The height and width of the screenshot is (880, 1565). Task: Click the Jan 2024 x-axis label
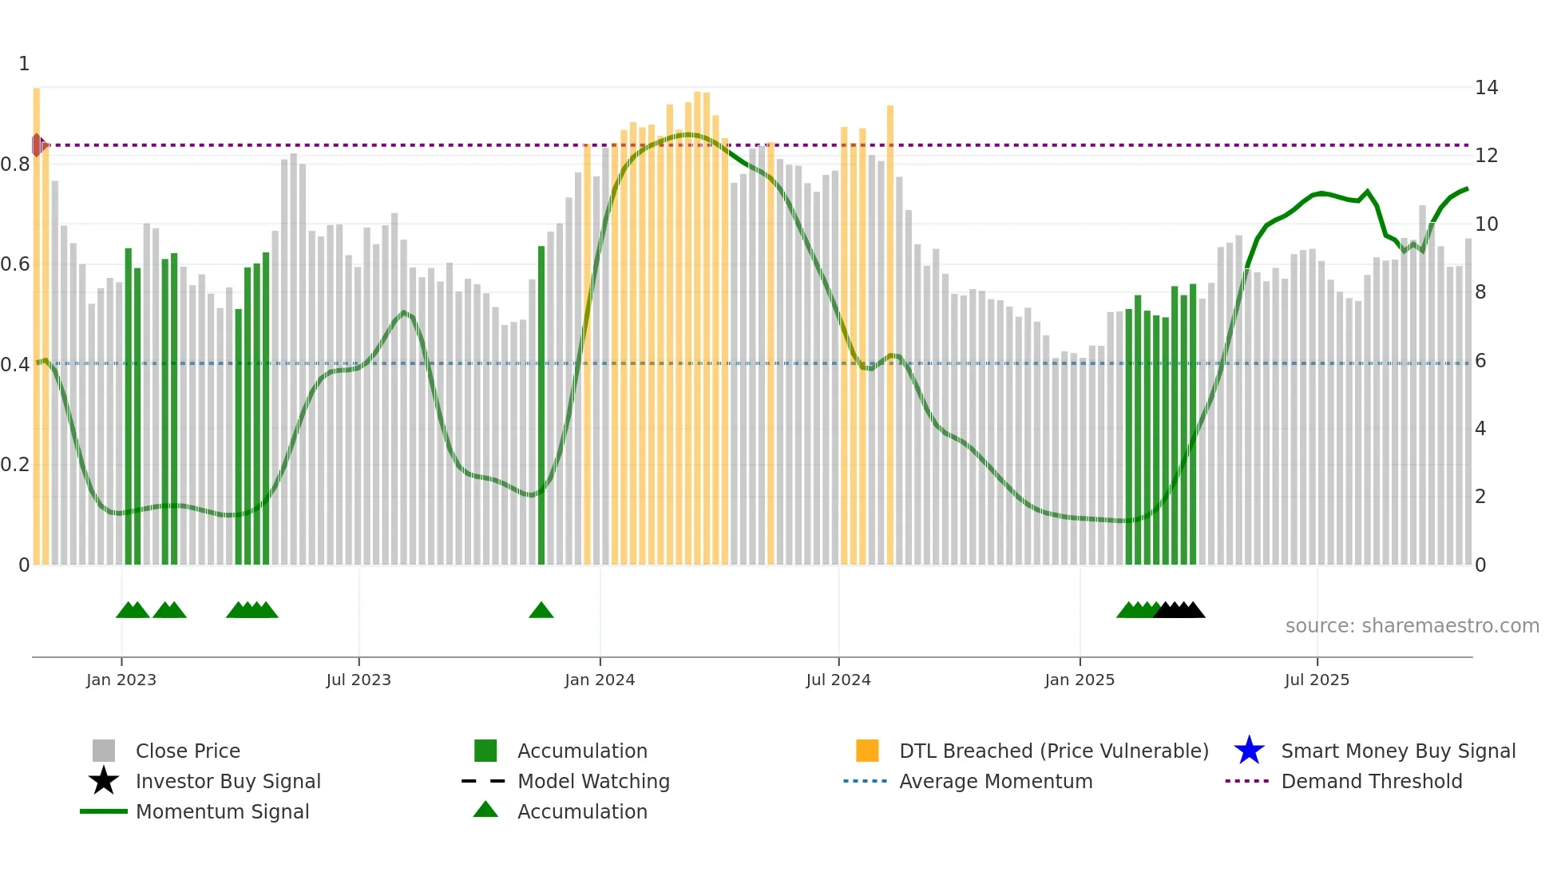600,680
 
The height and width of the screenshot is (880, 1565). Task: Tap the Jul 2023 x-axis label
359,680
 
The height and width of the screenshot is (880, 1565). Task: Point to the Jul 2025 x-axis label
1317,680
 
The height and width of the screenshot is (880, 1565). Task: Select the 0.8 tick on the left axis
15,165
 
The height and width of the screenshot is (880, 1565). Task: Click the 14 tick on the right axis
1486,88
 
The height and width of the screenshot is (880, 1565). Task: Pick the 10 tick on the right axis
1486,224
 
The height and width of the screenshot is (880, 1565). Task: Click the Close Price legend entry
188,751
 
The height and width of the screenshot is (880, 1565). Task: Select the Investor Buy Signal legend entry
228,781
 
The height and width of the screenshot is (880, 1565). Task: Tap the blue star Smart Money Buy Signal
1249,751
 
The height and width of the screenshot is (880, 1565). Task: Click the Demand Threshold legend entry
1371,781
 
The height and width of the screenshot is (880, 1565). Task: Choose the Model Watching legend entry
593,781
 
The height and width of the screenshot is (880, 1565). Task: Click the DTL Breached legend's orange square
867,751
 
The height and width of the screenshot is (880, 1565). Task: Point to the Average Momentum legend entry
995,781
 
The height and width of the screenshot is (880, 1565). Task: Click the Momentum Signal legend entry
222,811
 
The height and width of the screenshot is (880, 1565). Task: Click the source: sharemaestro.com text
1412,626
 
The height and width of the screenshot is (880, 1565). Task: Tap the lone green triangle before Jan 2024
541,611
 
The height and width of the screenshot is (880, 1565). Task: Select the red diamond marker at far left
38,145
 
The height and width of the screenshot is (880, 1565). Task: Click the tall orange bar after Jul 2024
889,335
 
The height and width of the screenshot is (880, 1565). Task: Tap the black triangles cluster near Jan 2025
1179,611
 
